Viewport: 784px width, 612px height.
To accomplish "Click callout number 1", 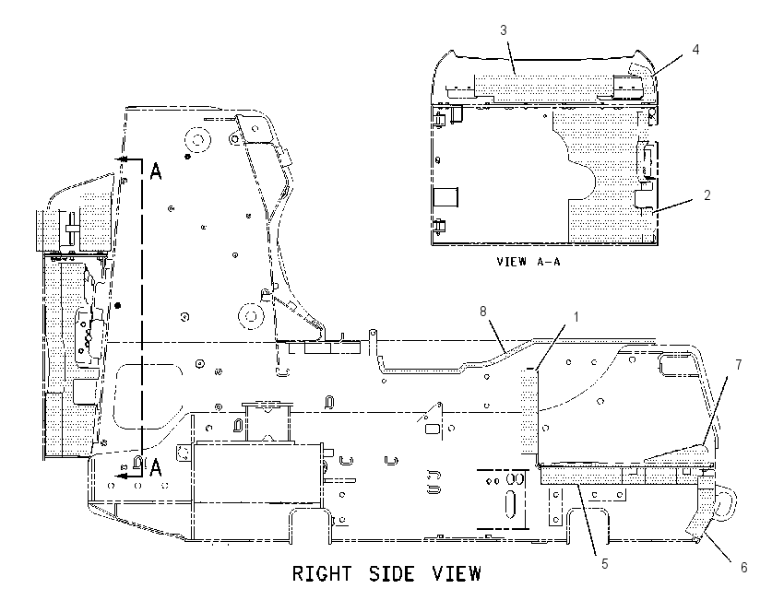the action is point(576,317).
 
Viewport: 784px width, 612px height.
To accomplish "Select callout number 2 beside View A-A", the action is point(707,194).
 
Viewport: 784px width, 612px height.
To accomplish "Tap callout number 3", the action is point(504,30).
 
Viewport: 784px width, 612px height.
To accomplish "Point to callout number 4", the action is point(695,49).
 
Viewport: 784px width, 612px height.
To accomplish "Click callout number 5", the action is point(605,563).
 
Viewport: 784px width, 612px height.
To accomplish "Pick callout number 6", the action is point(744,568).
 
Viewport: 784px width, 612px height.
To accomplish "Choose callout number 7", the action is point(739,365).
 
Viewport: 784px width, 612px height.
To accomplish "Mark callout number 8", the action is point(483,312).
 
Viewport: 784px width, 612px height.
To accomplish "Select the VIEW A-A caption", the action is point(529,261).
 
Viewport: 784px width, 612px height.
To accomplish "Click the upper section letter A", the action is point(156,171).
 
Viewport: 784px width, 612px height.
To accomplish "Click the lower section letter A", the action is point(156,468).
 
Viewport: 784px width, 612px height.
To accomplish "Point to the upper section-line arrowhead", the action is point(121,159).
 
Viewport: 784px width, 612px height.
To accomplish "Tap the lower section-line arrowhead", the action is point(121,477).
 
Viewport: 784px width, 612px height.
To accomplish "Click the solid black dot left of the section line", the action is point(117,305).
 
